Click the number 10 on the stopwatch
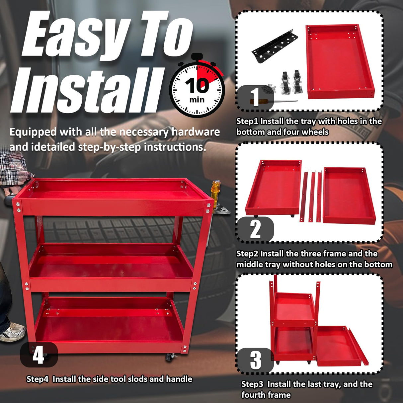(197, 86)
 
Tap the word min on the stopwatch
(197, 100)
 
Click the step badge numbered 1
(255, 98)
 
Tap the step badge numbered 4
(39, 355)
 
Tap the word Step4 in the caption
(38, 379)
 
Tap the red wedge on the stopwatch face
(207, 71)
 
